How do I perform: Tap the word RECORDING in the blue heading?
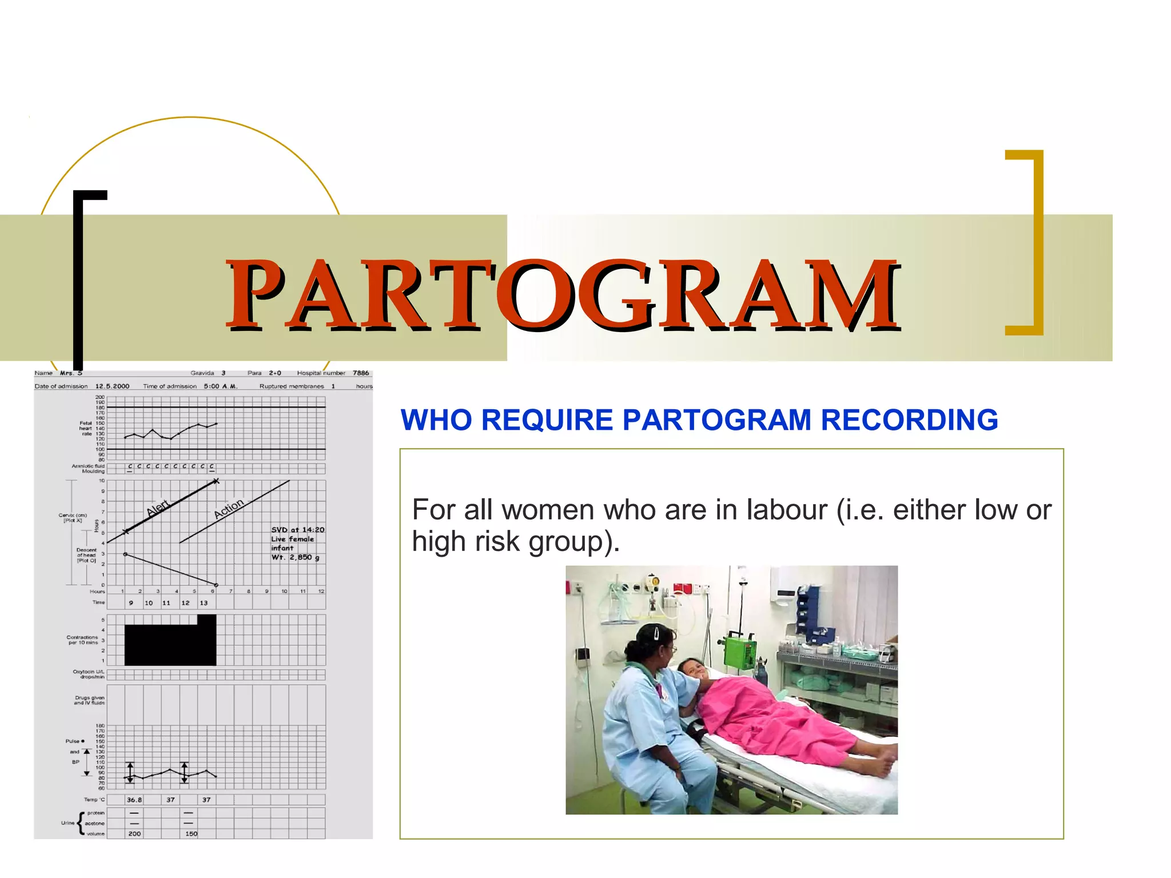(909, 420)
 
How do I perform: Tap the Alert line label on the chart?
(158, 507)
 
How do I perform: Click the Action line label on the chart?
(228, 508)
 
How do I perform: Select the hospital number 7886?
(361, 373)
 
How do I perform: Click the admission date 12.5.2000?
(112, 386)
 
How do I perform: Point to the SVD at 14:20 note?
(297, 530)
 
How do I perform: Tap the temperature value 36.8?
(134, 800)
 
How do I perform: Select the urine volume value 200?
(134, 834)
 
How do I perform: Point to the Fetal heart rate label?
(85, 428)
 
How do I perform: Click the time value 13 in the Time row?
(204, 603)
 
